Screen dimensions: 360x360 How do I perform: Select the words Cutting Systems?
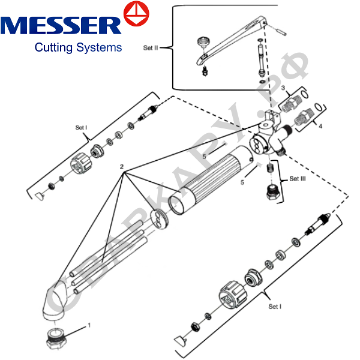(x=78, y=47)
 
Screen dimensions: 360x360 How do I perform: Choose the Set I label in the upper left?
(x=81, y=127)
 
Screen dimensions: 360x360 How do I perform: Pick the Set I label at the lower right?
(x=275, y=306)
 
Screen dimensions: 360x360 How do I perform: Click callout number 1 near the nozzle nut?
(x=89, y=325)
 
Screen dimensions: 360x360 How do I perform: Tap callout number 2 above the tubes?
(x=122, y=166)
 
